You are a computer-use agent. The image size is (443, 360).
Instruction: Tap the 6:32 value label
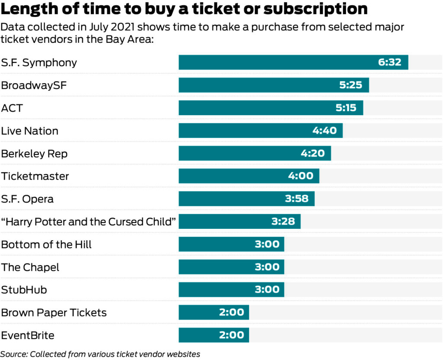coord(390,62)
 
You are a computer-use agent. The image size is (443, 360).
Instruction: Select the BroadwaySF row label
coord(34,85)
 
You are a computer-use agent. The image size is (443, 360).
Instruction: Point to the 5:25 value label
coord(350,85)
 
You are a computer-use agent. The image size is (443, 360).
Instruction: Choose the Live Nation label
coord(29,131)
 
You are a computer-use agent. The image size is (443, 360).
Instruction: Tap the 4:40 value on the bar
coord(324,131)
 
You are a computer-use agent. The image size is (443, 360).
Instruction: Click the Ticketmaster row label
coord(35,176)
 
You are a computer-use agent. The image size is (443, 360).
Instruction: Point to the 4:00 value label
coord(301,176)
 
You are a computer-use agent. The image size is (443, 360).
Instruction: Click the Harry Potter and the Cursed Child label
coord(89,222)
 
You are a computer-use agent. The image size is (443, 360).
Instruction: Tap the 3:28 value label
coord(283,222)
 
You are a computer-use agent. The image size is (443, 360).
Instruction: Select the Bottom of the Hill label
coord(46,244)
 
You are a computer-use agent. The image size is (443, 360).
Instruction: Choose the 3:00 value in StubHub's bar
coord(267,289)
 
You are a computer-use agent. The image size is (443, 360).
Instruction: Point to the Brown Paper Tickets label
coord(54,312)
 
